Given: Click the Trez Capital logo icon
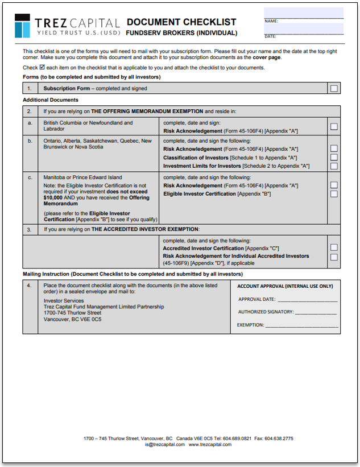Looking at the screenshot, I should pyautogui.click(x=23, y=26).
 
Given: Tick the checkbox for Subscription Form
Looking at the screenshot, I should pyautogui.click(x=334, y=88).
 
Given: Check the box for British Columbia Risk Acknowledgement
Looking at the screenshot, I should pyautogui.click(x=334, y=126).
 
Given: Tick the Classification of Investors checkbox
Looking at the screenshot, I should pyautogui.click(x=334, y=157).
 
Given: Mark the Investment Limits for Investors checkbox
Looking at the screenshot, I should pyautogui.click(x=334, y=166).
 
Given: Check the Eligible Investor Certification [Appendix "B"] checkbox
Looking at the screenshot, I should pyautogui.click(x=334, y=194).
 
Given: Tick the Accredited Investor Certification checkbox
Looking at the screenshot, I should pyautogui.click(x=334, y=247).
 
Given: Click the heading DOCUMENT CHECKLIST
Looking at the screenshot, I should pyautogui.click(x=181, y=22).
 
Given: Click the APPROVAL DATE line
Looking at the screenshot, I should pyautogui.click(x=307, y=299).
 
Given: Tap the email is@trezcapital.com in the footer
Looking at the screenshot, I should pyautogui.click(x=165, y=445).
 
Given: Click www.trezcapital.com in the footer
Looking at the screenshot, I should pyautogui.click(x=210, y=445).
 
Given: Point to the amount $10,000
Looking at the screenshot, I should pyautogui.click(x=55, y=197).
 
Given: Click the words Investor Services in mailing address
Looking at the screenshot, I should pyautogui.click(x=64, y=300).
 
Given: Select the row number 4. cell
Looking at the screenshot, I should pyautogui.click(x=30, y=286).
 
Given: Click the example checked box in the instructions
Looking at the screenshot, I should pyautogui.click(x=42, y=67).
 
